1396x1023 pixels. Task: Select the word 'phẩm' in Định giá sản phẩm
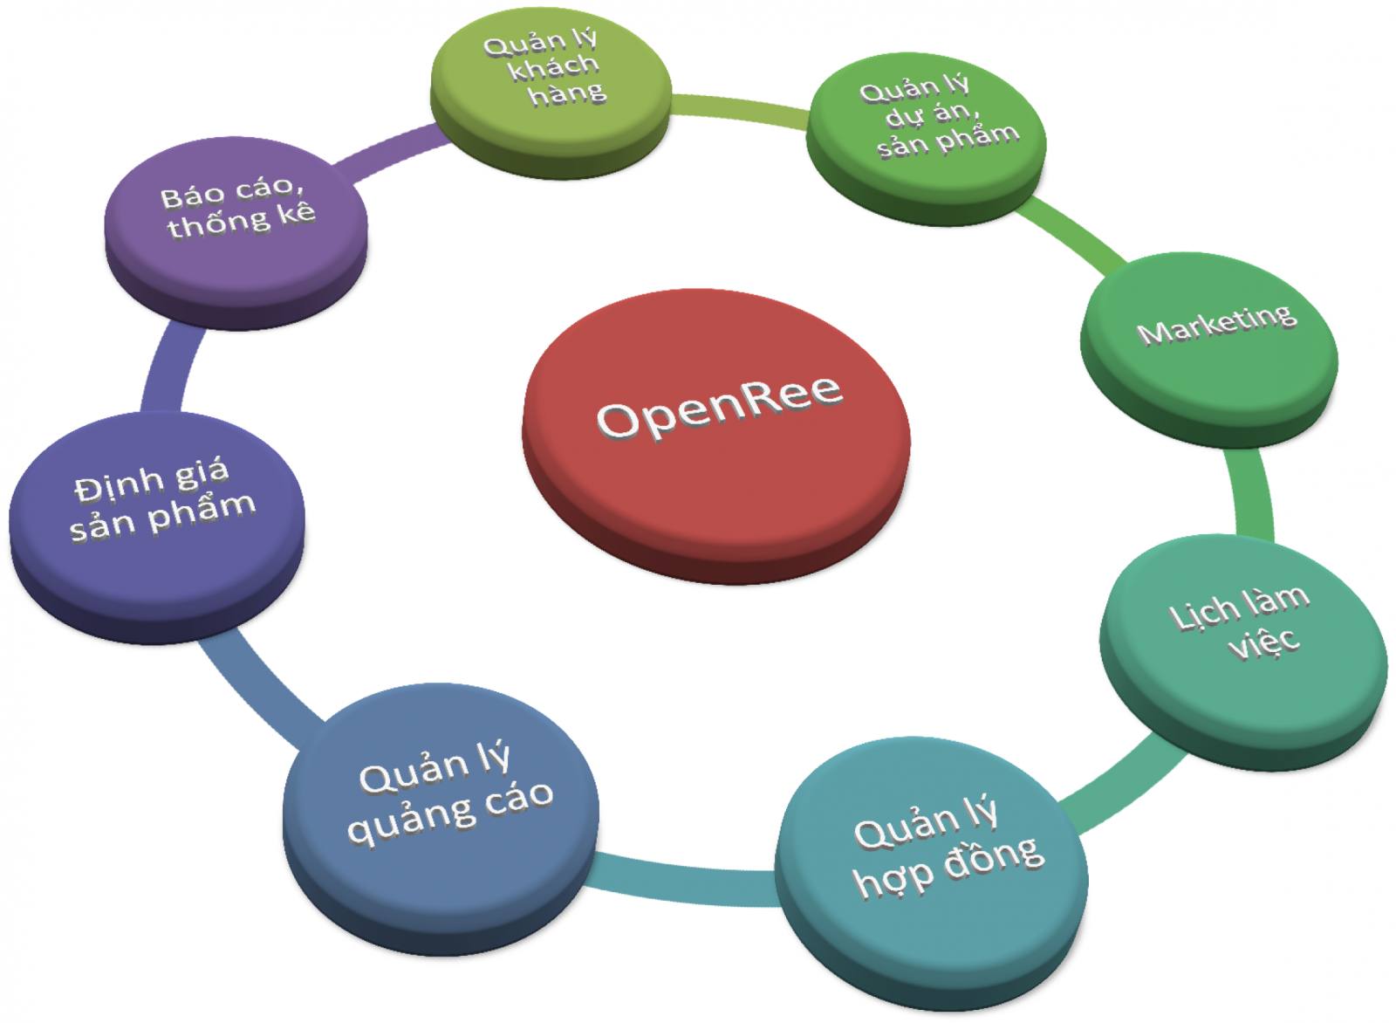202,511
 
